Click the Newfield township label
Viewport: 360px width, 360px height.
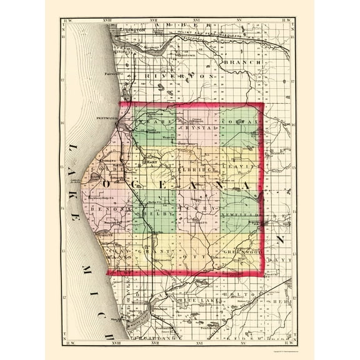pos(237,212)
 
